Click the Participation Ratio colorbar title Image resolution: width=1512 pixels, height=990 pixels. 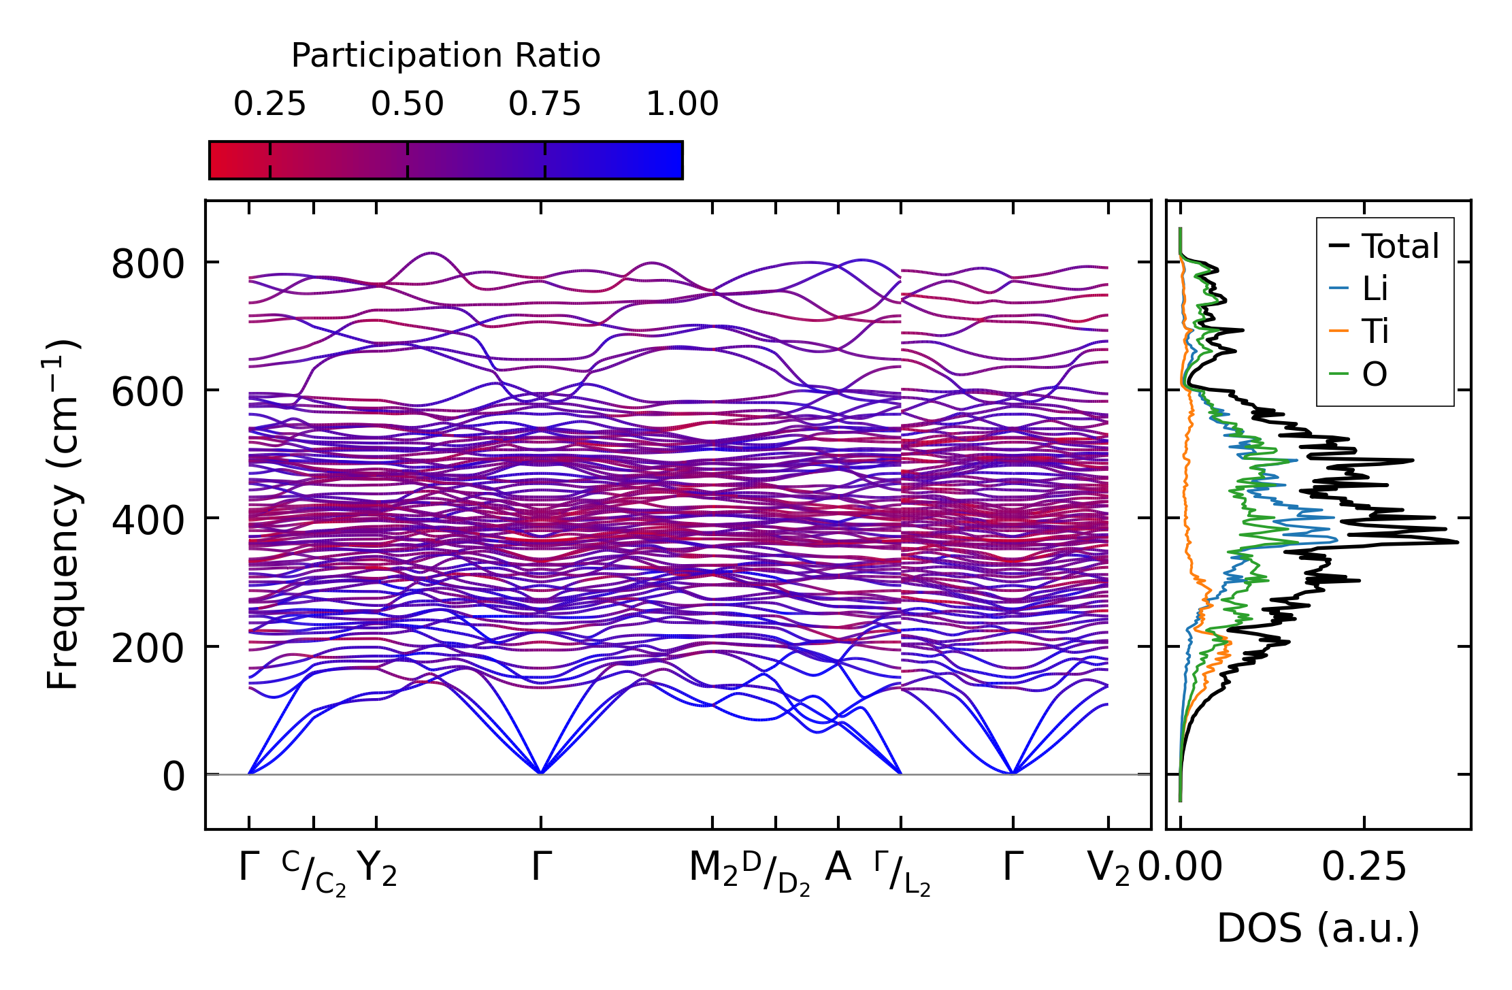446,56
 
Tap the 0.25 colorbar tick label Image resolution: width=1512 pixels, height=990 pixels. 270,104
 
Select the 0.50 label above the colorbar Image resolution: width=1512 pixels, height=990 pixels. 408,104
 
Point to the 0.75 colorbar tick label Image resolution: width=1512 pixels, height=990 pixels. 545,104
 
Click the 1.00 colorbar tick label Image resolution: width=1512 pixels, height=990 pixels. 682,104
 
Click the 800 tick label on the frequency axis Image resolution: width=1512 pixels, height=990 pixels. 148,264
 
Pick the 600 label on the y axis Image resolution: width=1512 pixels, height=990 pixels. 148,392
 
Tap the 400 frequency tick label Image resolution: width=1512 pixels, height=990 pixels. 148,520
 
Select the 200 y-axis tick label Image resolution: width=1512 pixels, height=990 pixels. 148,648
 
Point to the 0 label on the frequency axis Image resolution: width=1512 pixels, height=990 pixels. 174,776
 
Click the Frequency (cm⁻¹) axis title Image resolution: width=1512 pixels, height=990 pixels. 63,514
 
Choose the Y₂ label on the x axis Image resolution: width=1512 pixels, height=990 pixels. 377,869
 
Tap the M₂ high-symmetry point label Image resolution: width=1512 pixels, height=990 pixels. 713,869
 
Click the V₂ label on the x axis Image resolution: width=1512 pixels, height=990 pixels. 1108,869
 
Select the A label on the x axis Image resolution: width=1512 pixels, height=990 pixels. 838,868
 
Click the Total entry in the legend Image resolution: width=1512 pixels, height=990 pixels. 1400,246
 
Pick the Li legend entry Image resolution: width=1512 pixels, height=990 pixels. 1375,288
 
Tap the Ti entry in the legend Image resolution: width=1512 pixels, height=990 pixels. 1375,331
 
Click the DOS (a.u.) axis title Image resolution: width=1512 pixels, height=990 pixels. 1318,928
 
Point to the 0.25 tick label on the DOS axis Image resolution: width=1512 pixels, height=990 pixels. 1364,868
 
